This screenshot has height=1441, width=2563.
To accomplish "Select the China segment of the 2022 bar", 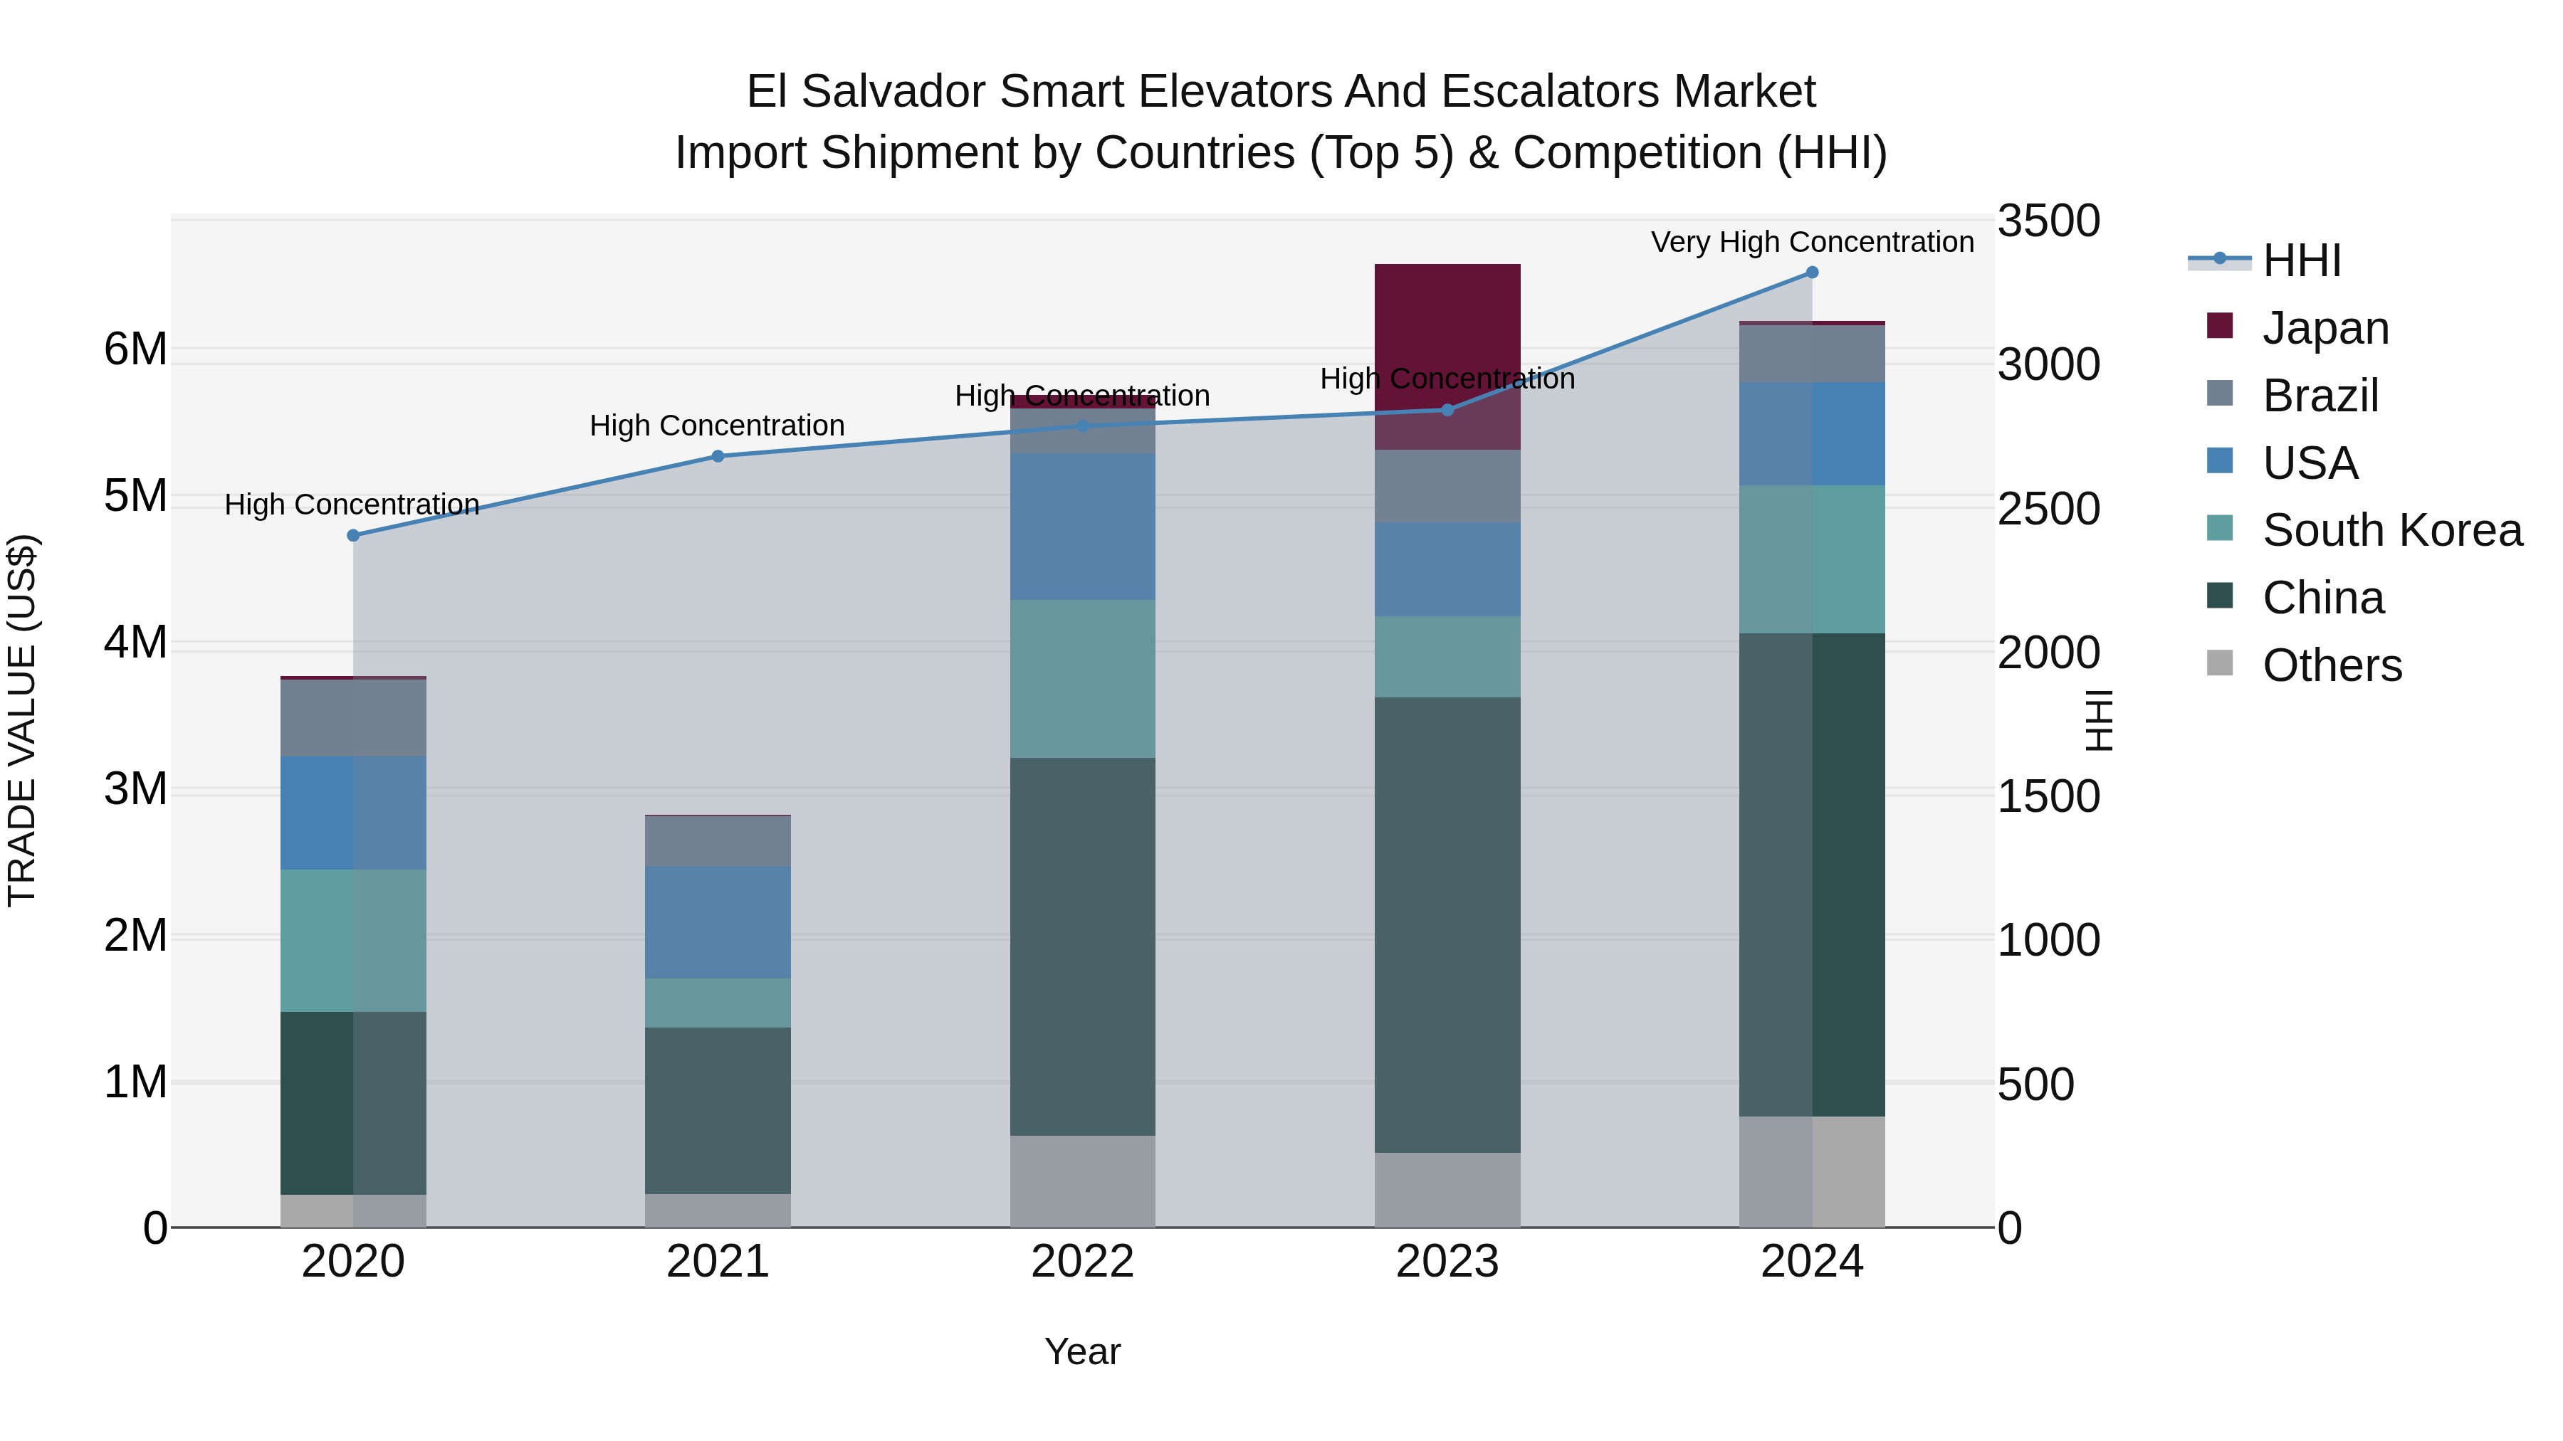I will point(1082,946).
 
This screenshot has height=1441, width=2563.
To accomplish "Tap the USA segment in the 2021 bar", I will point(718,922).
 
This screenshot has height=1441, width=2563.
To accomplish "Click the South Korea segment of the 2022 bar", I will point(1082,678).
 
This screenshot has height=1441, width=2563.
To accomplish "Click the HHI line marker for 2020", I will point(353,535).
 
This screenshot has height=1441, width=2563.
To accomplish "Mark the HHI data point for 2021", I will point(718,456).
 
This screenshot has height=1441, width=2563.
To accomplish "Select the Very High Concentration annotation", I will point(1812,242).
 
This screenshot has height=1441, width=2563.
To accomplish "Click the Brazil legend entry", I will point(2320,396).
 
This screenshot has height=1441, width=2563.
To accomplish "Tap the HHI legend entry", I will point(2300,260).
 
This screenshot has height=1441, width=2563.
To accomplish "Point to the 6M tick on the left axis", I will point(135,349).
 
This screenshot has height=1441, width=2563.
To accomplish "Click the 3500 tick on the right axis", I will point(2048,221).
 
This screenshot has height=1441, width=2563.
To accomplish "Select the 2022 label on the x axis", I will point(1082,1262).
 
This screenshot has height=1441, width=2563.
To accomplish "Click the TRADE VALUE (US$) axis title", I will point(22,720).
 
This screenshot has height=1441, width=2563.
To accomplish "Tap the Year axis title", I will point(1082,1351).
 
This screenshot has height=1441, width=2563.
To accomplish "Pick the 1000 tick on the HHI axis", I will point(2048,940).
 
